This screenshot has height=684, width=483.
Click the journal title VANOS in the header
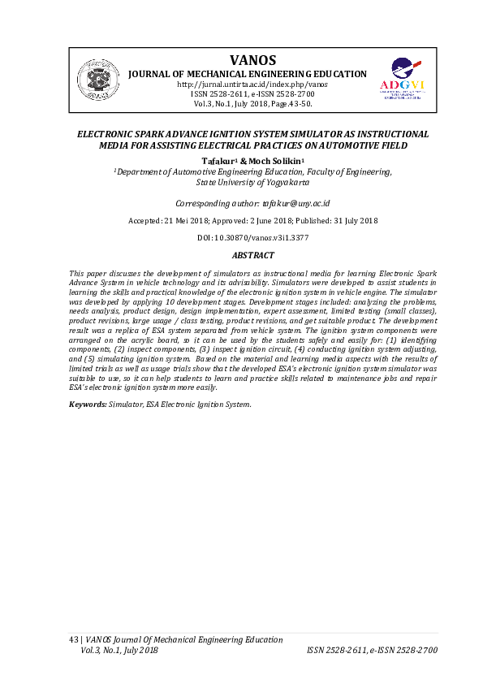252,60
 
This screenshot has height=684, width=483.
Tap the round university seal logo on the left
98,80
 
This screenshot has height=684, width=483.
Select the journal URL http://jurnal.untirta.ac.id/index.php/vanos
252,84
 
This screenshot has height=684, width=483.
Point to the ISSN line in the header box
252,94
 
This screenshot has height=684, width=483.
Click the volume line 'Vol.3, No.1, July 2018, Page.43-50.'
252,104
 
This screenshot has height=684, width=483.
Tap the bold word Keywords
87,404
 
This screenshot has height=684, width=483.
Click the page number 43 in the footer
73,640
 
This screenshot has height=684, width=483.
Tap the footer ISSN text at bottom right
372,650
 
